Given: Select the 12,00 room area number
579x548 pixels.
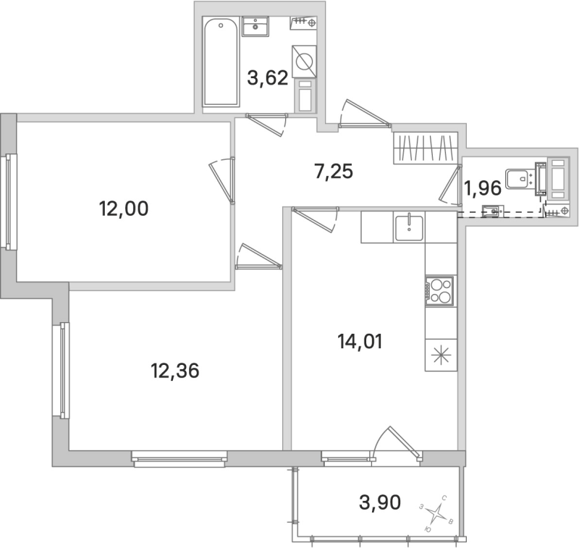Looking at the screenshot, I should coord(123,209).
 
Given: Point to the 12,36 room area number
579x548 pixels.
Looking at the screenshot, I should coord(174,372).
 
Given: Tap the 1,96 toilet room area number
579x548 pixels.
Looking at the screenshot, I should coord(482,189).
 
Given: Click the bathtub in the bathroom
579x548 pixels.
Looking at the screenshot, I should coord(221,64).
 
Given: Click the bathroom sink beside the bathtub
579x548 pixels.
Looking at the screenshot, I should coord(255,27).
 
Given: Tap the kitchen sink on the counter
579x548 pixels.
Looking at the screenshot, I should coord(410,227).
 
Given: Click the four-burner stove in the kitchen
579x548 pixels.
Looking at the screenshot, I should coord(440,291).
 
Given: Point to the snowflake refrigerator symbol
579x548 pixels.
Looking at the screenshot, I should coord(441,356).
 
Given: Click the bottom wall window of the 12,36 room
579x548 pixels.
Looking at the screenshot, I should coord(179,457).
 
